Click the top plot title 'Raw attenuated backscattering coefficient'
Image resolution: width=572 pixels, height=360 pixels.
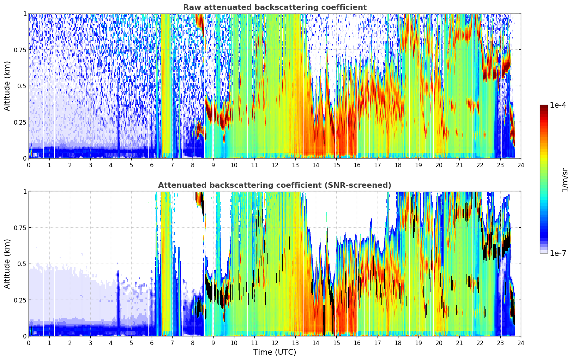click(x=275, y=7)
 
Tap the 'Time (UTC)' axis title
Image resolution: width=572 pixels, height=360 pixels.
click(x=275, y=352)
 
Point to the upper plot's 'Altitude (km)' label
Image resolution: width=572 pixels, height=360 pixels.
click(x=7, y=86)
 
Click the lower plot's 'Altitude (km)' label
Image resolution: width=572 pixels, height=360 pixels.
click(x=7, y=264)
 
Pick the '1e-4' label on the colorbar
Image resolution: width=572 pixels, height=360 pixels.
click(x=558, y=105)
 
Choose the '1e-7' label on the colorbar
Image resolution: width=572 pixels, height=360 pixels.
click(x=558, y=253)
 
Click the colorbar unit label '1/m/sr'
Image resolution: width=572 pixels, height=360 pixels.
click(x=565, y=180)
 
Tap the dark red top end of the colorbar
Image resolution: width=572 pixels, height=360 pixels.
click(x=544, y=106)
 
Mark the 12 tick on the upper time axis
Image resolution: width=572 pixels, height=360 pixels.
click(x=275, y=165)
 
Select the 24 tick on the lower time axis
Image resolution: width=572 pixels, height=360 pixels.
click(x=521, y=343)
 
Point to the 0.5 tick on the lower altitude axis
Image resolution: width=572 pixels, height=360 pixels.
click(x=22, y=264)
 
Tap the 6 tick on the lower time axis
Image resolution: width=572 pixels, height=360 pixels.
click(x=152, y=343)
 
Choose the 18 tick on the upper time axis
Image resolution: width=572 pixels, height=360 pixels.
click(x=398, y=165)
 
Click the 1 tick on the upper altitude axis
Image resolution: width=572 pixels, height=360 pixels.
click(x=25, y=13)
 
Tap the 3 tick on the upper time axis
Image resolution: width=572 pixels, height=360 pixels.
click(x=90, y=165)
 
